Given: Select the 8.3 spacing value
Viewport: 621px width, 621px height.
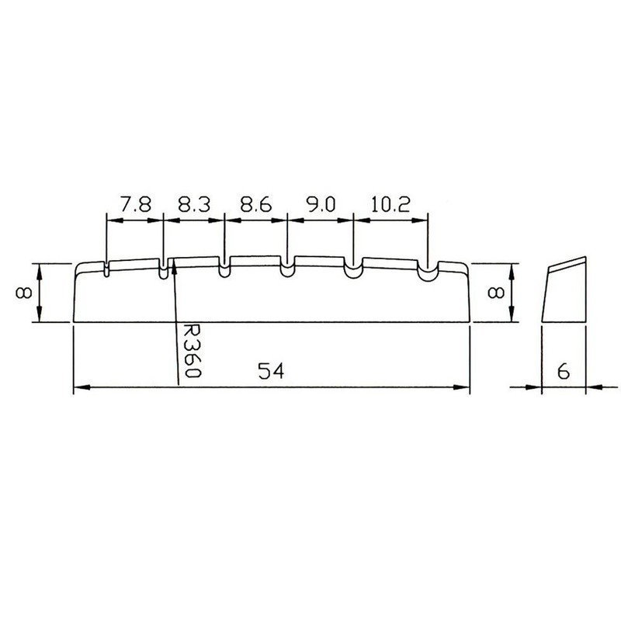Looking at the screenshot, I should pyautogui.click(x=193, y=206).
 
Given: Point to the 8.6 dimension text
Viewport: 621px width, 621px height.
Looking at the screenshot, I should pyautogui.click(x=255, y=206).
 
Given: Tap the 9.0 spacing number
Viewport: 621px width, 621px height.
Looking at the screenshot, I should pyautogui.click(x=319, y=206).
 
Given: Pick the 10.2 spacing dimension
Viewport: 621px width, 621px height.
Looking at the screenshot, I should pyautogui.click(x=390, y=206).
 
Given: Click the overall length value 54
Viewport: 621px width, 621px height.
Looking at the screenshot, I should pyautogui.click(x=269, y=372).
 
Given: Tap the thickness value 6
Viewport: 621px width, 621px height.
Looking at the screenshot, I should pyautogui.click(x=564, y=372).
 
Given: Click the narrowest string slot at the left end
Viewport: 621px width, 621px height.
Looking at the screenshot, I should pyautogui.click(x=105, y=269).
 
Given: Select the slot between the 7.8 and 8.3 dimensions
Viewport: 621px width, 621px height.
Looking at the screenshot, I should pyautogui.click(x=163, y=270).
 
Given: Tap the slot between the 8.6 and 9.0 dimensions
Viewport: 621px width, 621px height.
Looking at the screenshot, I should pyautogui.click(x=287, y=271).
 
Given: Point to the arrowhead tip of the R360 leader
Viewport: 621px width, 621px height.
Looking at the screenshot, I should pyautogui.click(x=175, y=262).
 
